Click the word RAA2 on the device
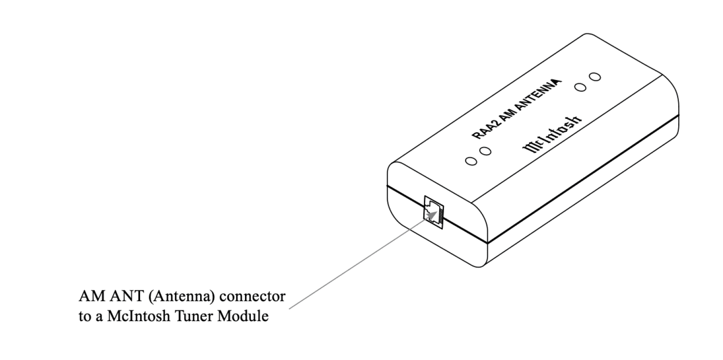click(x=483, y=131)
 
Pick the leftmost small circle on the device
click(x=472, y=161)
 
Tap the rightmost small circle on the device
click(x=596, y=76)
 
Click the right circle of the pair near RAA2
click(x=485, y=151)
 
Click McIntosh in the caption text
click(x=137, y=316)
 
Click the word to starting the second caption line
click(x=84, y=316)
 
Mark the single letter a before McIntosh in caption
click(x=99, y=317)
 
